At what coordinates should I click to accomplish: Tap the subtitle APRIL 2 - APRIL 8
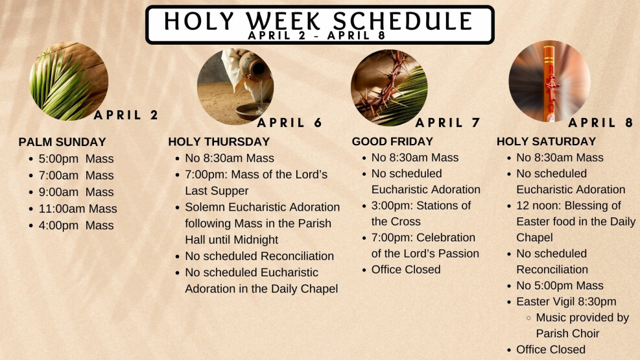point(316,36)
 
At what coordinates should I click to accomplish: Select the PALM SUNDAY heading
point(62,142)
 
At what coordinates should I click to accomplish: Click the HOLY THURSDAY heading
point(219,141)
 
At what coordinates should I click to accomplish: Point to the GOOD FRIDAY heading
point(392,141)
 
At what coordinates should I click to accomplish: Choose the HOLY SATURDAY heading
point(546,141)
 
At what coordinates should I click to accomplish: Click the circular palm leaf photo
point(69,81)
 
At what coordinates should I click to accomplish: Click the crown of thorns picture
point(389,88)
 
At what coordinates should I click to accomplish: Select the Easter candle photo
point(549,81)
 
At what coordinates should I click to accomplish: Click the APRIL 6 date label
point(289,123)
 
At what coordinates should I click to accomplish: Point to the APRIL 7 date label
point(448,123)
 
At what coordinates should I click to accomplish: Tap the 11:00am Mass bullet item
point(78,209)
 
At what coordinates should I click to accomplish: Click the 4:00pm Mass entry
point(76,225)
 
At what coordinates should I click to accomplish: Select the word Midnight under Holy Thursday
point(253,239)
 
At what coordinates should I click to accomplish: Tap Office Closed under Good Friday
point(406,269)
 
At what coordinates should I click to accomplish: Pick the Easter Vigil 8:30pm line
point(566,302)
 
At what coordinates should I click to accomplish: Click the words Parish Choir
point(567,333)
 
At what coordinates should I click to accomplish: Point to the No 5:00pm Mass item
point(560,285)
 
